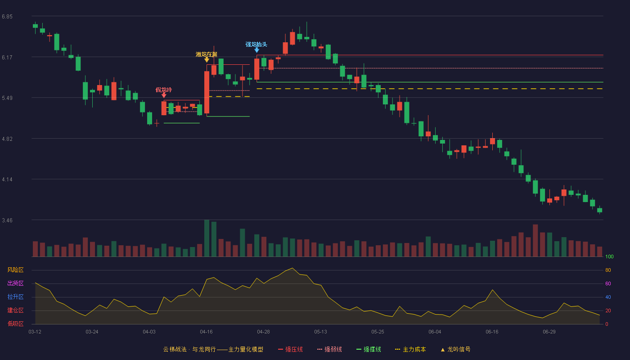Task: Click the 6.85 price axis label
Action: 7,17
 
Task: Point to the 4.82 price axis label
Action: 7,139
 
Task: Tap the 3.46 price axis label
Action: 7,220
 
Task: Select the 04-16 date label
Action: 206,332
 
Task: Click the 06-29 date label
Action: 549,332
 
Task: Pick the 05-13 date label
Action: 320,332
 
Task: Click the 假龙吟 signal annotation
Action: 164,90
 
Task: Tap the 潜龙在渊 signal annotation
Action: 207,54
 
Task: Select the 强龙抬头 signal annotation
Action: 256,45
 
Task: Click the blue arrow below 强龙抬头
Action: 256,50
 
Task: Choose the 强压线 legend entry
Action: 290,349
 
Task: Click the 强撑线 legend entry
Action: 369,349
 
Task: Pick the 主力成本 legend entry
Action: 410,349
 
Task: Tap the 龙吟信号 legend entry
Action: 455,349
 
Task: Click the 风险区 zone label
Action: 15,270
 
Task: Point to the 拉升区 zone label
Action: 15,297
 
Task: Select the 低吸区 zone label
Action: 15,324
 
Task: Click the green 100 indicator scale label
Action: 609,256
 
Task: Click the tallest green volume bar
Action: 207,238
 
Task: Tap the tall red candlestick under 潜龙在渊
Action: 207,92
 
